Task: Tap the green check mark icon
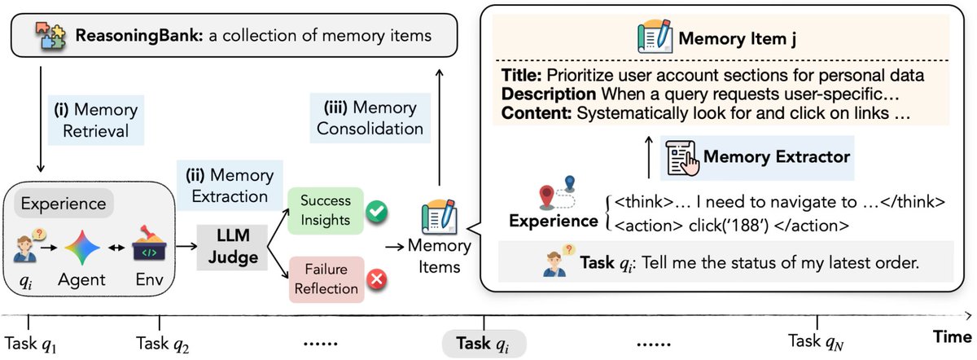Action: pyautogui.click(x=375, y=213)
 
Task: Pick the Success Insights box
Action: pyautogui.click(x=326, y=210)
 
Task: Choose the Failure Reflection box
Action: pyautogui.click(x=326, y=279)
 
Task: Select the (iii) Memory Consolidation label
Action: pyautogui.click(x=370, y=118)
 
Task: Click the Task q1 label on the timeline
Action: pyautogui.click(x=32, y=342)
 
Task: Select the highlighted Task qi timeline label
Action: pyautogui.click(x=484, y=343)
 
